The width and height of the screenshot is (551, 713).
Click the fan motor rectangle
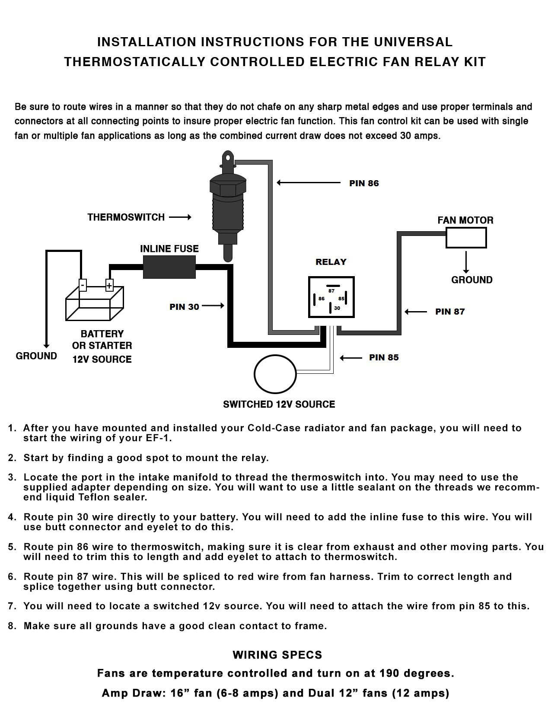pyautogui.click(x=466, y=238)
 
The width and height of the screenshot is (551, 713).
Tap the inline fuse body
pyautogui.click(x=169, y=266)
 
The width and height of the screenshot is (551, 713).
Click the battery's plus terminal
pyautogui.click(x=109, y=286)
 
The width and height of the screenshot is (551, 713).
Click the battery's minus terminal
pyautogui.click(x=83, y=285)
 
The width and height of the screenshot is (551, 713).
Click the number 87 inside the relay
pyautogui.click(x=331, y=291)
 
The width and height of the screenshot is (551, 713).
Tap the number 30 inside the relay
pyautogui.click(x=337, y=308)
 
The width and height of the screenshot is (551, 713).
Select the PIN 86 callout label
pyautogui.click(x=364, y=183)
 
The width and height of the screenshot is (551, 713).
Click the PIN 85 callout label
pyautogui.click(x=384, y=358)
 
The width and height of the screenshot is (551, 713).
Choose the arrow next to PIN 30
pyautogui.click(x=213, y=306)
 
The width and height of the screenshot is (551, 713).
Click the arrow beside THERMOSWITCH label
pyautogui.click(x=180, y=217)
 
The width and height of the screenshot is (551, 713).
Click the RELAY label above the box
pyautogui.click(x=331, y=262)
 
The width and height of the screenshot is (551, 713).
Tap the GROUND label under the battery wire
pyautogui.click(x=36, y=356)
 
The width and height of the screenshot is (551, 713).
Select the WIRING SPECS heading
pyautogui.click(x=277, y=655)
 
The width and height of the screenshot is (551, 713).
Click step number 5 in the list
pyautogui.click(x=12, y=547)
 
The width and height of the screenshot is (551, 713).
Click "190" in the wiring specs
pyautogui.click(x=389, y=673)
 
